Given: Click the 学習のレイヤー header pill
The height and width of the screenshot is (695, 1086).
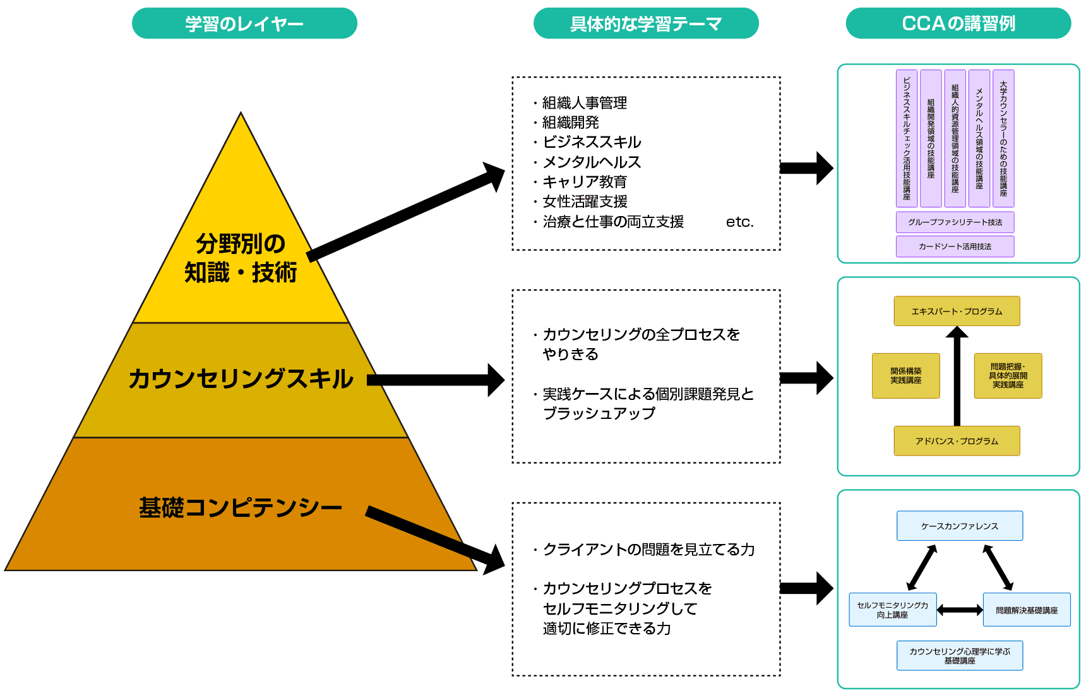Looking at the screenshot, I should (x=244, y=23).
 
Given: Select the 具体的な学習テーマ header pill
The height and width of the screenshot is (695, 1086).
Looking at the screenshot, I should (x=645, y=23).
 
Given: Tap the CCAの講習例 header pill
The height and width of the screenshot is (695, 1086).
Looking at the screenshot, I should (x=958, y=23).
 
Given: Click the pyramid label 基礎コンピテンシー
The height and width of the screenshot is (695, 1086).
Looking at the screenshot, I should (x=241, y=507).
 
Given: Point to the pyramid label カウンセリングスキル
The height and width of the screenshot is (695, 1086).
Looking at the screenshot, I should (x=241, y=378).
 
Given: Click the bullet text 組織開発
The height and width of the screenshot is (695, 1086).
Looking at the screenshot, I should (x=570, y=122).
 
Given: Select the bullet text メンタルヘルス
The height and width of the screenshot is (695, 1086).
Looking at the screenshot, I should (x=592, y=162).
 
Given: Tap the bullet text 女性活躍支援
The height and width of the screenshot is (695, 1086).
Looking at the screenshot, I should (x=585, y=202).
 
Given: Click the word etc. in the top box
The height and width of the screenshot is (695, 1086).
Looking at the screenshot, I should (x=739, y=222).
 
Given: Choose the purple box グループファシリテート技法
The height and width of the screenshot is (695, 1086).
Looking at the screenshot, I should (x=955, y=222).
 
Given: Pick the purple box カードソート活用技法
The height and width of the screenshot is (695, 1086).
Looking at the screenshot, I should (x=955, y=246).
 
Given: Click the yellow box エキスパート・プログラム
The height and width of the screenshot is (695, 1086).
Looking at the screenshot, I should (x=957, y=311).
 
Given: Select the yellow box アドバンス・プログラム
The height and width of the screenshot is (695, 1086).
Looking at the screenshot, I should (x=957, y=441).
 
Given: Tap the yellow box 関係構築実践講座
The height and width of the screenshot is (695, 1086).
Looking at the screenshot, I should (x=905, y=376).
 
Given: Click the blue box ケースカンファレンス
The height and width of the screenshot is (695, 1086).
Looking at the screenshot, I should (x=959, y=526).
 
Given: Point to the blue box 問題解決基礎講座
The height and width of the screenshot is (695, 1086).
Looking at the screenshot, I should (x=1026, y=610).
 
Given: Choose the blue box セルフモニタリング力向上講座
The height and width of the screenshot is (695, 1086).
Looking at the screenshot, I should (x=892, y=610).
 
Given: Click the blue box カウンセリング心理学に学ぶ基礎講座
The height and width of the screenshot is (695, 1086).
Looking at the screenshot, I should (x=959, y=655).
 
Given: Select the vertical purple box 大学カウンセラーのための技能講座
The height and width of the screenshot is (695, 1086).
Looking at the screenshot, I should (x=1003, y=138).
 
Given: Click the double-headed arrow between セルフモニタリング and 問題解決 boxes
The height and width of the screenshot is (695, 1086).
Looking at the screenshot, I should (x=960, y=610).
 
